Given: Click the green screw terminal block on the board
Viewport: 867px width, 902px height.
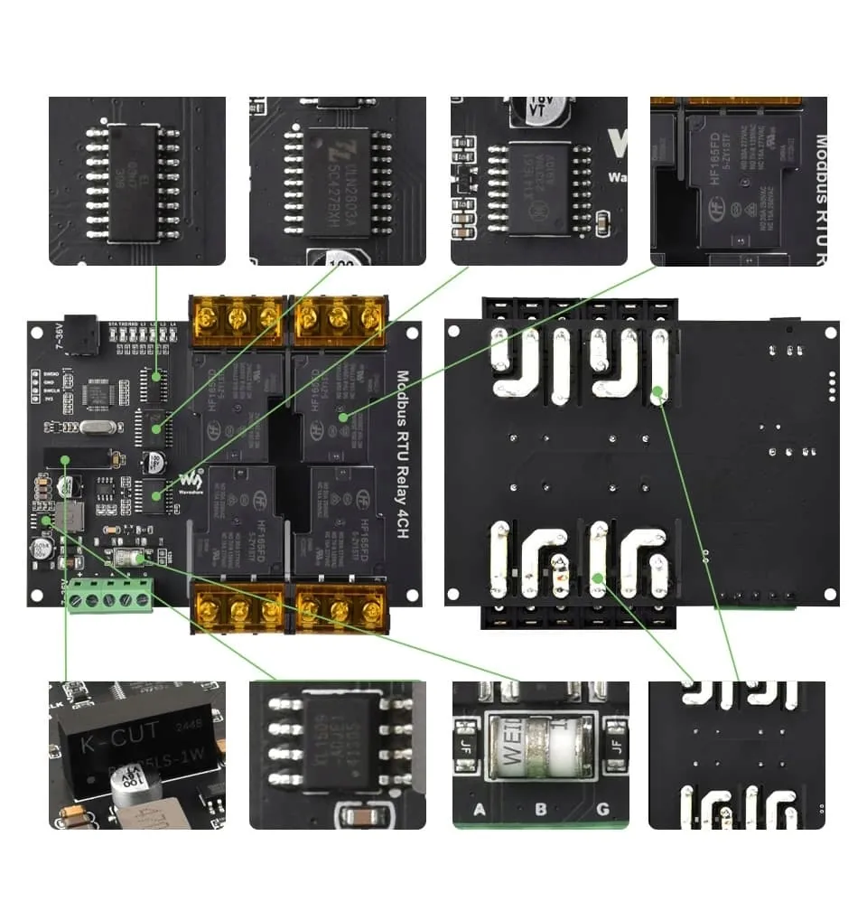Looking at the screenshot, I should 109,595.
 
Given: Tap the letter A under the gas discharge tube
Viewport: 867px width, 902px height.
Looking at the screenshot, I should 480,809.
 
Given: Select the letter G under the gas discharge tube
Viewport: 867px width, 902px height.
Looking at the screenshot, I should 602,809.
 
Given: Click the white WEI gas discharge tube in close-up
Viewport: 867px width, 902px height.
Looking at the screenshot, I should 539,746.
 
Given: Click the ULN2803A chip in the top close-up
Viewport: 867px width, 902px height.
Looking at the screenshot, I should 337,181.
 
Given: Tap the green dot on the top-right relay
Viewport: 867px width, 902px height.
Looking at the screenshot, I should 344,417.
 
